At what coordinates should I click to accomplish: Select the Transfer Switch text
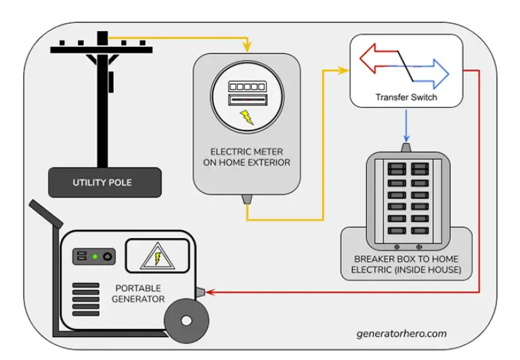(x=406, y=97)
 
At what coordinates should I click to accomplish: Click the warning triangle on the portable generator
(x=156, y=258)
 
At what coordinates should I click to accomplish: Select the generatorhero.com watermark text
(x=402, y=334)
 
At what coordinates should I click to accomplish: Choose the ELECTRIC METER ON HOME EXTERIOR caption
(x=246, y=156)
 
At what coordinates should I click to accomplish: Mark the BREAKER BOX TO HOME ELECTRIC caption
(x=406, y=265)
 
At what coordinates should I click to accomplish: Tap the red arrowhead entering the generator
(x=211, y=292)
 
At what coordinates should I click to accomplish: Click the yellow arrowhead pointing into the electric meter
(x=246, y=49)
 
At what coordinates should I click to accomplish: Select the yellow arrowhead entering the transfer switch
(x=344, y=69)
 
